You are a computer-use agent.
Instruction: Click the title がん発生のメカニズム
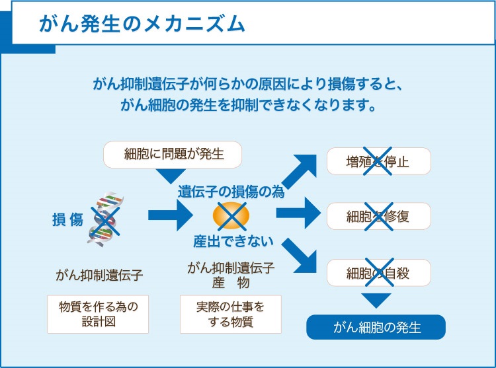pyautogui.click(x=142, y=24)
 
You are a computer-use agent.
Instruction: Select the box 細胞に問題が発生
pyautogui.click(x=173, y=155)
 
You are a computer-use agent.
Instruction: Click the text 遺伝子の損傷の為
pyautogui.click(x=231, y=192)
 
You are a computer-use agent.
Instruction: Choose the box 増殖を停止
pyautogui.click(x=378, y=161)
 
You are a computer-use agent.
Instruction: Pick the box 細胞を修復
pyautogui.click(x=378, y=216)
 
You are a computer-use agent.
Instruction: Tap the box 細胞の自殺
pyautogui.click(x=378, y=272)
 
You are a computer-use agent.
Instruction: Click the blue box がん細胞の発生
pyautogui.click(x=376, y=327)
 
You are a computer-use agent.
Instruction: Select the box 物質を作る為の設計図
pyautogui.click(x=98, y=314)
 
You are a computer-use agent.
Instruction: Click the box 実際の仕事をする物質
pyautogui.click(x=230, y=314)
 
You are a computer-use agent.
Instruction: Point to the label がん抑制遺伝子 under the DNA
pyautogui.click(x=99, y=274)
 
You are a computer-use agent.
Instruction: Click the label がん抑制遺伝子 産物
pyautogui.click(x=231, y=274)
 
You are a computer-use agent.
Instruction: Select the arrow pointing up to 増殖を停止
pyautogui.click(x=300, y=171)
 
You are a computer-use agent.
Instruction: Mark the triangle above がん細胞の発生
pyautogui.click(x=377, y=301)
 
